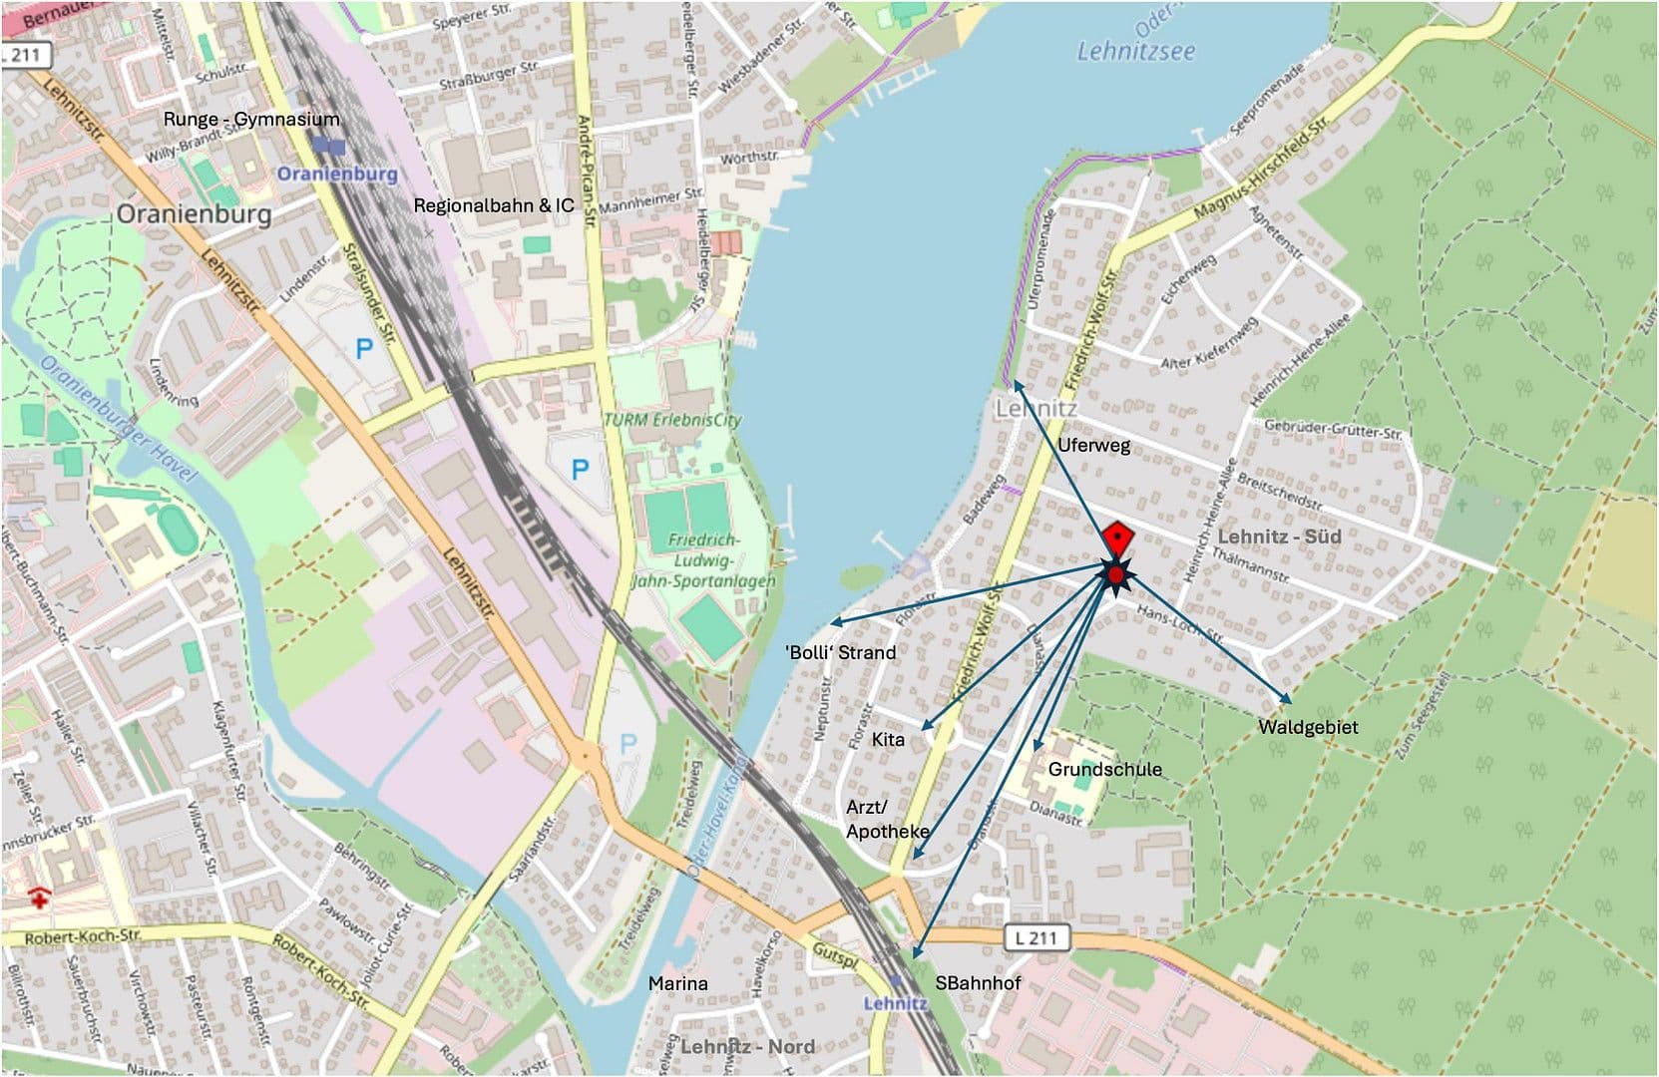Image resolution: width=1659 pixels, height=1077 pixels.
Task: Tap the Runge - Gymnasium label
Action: coord(251,120)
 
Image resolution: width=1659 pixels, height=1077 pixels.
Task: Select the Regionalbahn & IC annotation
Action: coord(494,205)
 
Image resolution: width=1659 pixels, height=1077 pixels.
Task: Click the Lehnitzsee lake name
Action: coord(1135,52)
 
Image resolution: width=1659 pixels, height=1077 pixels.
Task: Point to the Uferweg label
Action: coord(1093,445)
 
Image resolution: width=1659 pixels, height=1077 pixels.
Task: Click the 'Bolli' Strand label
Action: coord(841,652)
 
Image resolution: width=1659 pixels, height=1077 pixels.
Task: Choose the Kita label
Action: coord(888,739)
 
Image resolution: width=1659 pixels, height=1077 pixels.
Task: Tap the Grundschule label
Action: coord(1104,769)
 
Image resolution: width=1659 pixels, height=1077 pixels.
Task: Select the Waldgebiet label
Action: coord(1308,727)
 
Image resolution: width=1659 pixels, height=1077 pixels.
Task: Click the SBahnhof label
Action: coord(978,983)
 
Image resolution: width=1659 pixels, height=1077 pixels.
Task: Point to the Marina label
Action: coord(678,983)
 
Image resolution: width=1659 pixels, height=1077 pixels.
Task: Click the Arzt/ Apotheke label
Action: coord(887,819)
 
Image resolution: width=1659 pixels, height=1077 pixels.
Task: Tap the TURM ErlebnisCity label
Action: coord(672,420)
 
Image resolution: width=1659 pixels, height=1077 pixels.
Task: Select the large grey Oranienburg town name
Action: coord(194,214)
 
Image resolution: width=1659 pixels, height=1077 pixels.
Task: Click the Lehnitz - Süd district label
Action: coord(1279,537)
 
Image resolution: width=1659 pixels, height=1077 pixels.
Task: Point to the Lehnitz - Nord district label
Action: coord(747,1046)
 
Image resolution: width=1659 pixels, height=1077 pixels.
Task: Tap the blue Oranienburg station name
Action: coord(336,174)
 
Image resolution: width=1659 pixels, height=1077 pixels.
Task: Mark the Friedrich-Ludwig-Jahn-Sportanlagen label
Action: coord(704,560)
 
